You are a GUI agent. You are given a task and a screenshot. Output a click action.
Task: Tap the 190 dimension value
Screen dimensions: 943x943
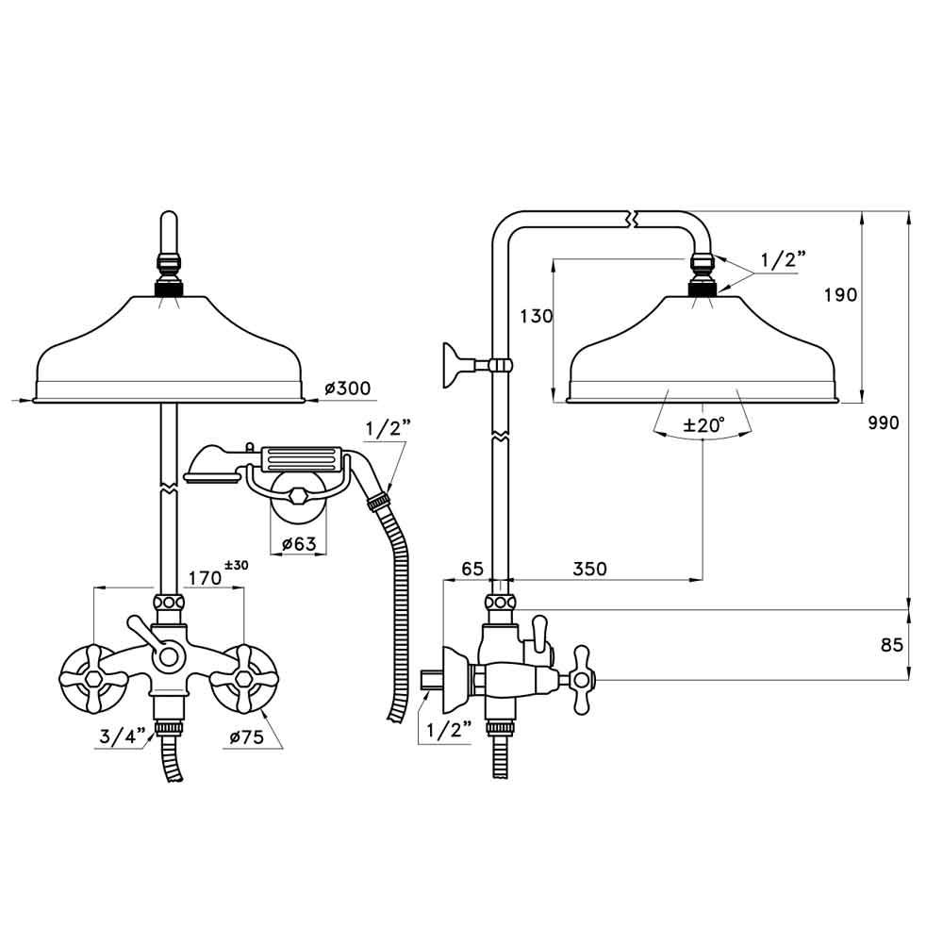840,294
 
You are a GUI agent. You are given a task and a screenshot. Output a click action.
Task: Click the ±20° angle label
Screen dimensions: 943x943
703,425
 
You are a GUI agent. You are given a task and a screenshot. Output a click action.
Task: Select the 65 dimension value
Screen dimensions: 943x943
471,569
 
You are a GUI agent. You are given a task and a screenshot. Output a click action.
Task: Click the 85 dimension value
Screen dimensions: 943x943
889,645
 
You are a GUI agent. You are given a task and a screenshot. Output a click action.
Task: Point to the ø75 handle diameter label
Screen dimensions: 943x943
245,738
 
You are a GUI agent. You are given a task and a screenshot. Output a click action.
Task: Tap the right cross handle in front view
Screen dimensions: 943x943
242,677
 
